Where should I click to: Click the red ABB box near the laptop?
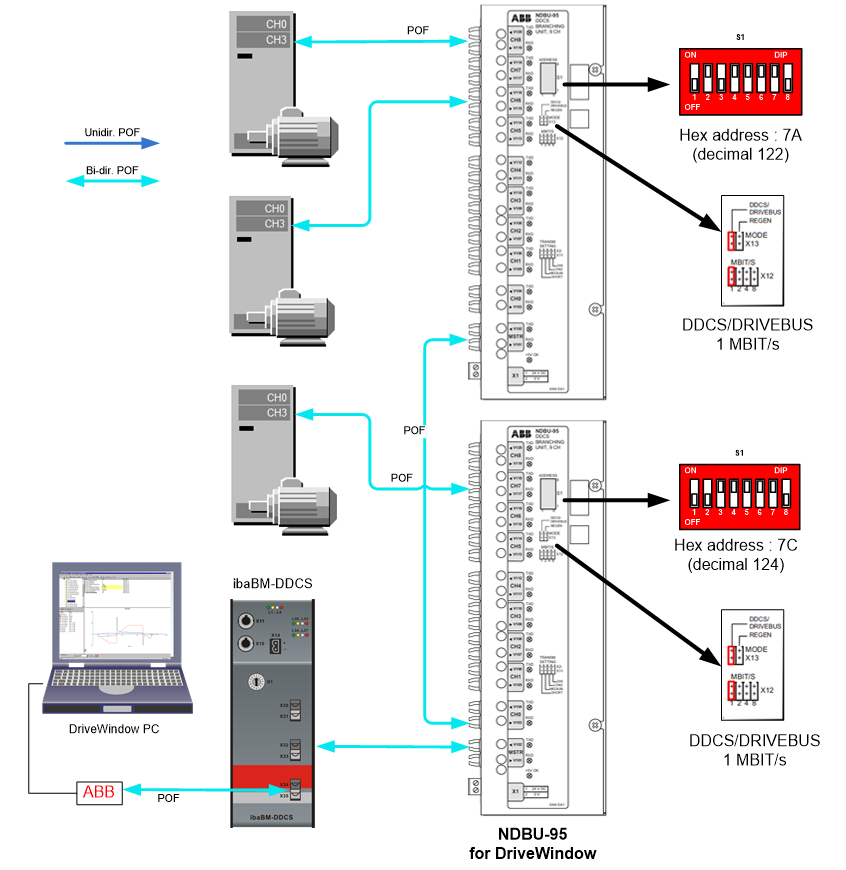[99, 793]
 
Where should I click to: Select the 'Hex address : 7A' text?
[739, 136]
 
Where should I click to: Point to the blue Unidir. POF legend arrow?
[111, 143]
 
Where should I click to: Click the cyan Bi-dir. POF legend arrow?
[111, 181]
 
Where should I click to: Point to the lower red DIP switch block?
[741, 495]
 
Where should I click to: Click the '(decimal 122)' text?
[739, 154]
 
